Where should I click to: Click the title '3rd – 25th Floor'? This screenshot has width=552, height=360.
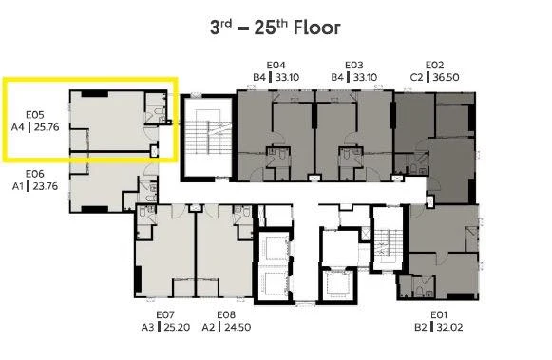pos(276,28)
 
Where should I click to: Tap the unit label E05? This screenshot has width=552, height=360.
pos(35,115)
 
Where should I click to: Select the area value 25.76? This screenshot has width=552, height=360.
pos(47,127)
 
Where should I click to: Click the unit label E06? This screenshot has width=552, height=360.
pos(35,174)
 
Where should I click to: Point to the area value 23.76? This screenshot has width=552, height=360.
pos(46,186)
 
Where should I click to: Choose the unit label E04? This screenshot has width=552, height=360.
pos(276,66)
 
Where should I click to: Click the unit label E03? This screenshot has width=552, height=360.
pos(354,66)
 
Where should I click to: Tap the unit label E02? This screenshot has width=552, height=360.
pos(434,66)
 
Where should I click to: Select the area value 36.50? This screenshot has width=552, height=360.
pos(446,77)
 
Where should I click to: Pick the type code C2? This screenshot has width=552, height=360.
pos(416,77)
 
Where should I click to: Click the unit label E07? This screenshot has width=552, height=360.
pos(165,314)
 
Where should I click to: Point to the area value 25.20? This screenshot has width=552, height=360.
pos(177,328)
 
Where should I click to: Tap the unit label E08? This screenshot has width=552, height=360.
pos(226,314)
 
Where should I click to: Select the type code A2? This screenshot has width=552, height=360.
pos(208,328)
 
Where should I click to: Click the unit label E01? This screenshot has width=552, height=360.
pos(439,314)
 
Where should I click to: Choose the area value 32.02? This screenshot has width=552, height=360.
pos(450,328)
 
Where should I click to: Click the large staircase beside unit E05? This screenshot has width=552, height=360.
pos(208,138)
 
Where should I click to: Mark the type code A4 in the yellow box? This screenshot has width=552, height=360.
pos(18,127)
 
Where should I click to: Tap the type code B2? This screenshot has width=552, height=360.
pos(421,328)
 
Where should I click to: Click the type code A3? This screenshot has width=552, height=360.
pos(148,328)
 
